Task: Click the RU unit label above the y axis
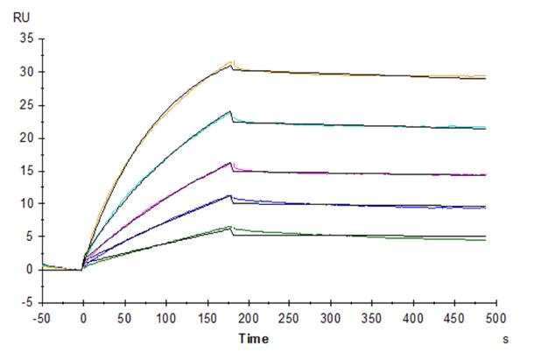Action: [20, 17]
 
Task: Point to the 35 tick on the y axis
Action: [25, 39]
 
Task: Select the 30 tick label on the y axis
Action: [25, 72]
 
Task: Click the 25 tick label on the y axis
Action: [25, 105]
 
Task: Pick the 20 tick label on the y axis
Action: [25, 138]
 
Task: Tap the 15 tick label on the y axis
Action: [25, 171]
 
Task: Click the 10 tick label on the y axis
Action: [25, 203]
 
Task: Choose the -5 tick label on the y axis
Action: [27, 303]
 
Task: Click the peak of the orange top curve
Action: [231, 61]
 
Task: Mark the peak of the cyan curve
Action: [230, 111]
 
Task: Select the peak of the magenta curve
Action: [230, 162]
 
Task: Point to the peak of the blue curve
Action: [230, 195]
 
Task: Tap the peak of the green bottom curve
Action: [230, 227]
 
